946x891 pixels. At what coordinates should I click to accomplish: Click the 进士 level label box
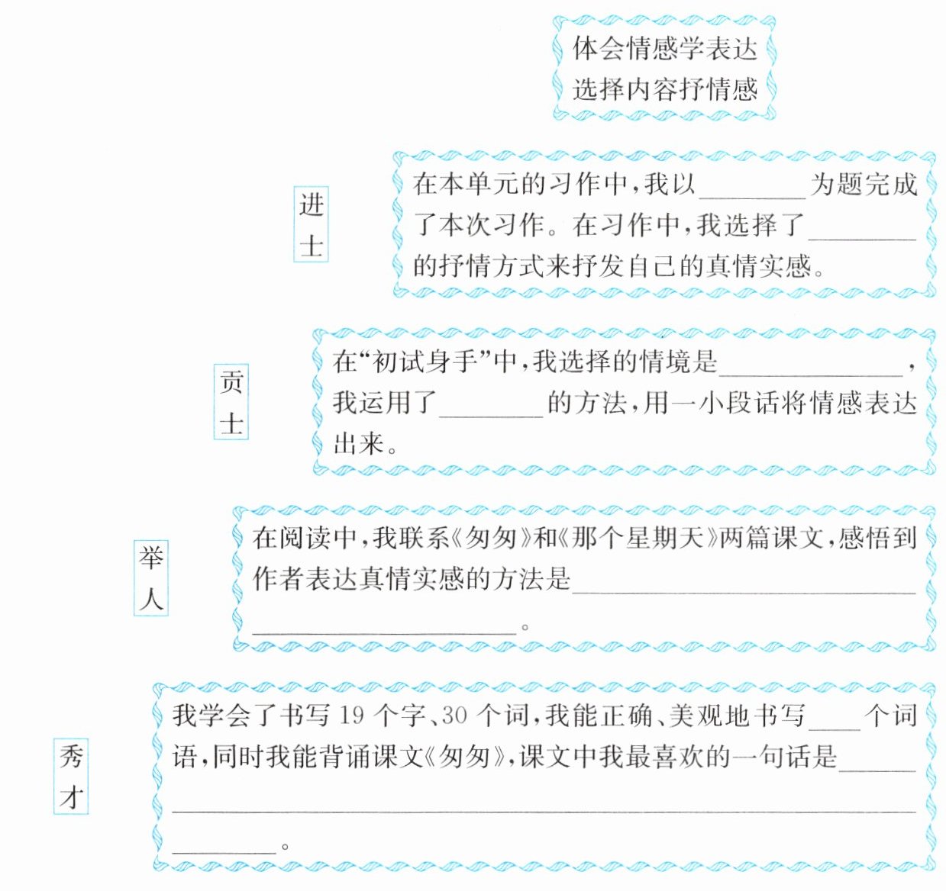312,225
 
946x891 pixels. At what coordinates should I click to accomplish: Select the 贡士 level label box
231,403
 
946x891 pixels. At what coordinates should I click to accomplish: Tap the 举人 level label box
150,579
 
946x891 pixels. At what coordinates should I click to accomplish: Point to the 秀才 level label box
71,776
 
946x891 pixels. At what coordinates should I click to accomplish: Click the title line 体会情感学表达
664,49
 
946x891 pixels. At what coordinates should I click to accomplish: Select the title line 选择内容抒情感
664,90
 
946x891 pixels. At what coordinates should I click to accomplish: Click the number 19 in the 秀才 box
352,716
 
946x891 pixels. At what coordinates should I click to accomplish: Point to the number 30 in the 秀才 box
454,716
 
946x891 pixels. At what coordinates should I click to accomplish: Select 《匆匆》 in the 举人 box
491,539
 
